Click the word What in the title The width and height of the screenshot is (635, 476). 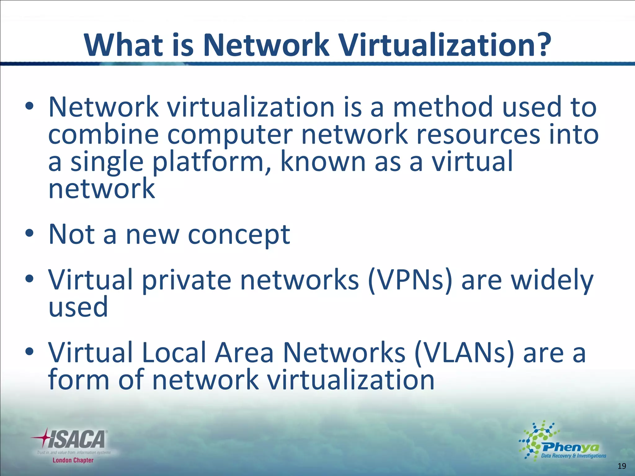[x=124, y=45]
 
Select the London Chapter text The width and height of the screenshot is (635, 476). [x=73, y=460]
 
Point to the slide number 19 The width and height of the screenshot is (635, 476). [x=622, y=466]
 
